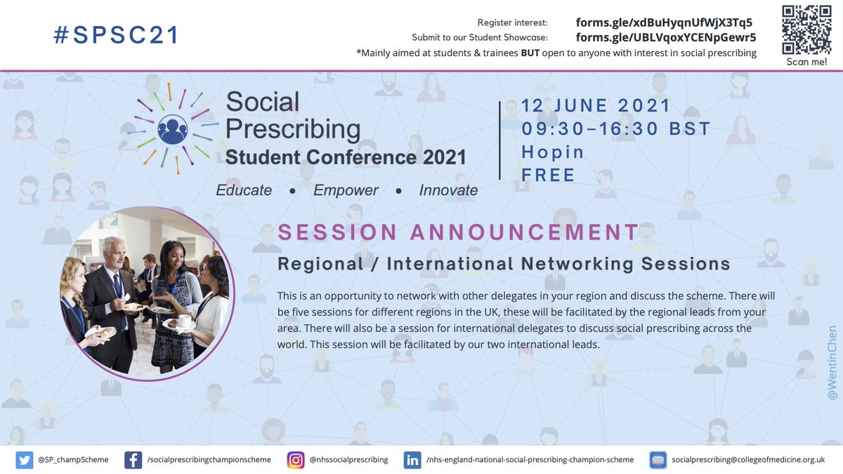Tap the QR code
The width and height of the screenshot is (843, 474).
pyautogui.click(x=806, y=29)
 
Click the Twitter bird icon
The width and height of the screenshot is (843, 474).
pyautogui.click(x=24, y=459)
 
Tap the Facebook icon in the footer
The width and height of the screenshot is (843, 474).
pyautogui.click(x=133, y=459)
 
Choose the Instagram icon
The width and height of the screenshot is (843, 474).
pyautogui.click(x=296, y=459)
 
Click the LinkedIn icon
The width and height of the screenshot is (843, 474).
pyautogui.click(x=412, y=459)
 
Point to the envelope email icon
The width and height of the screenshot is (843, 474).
pyautogui.click(x=658, y=459)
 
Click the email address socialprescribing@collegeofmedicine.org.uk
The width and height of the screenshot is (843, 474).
pyautogui.click(x=748, y=459)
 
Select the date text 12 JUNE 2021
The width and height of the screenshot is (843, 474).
pyautogui.click(x=596, y=107)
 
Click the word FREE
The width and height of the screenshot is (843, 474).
pyautogui.click(x=548, y=175)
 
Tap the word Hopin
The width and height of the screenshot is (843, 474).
pyautogui.click(x=553, y=152)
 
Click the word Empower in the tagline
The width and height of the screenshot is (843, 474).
pyautogui.click(x=346, y=190)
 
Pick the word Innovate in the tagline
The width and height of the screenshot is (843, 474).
pyautogui.click(x=448, y=190)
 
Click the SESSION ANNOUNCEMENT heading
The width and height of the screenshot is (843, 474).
pyautogui.click(x=458, y=232)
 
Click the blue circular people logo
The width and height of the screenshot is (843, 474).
pyautogui.click(x=172, y=129)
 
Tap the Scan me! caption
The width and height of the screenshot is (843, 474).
pyautogui.click(x=806, y=62)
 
